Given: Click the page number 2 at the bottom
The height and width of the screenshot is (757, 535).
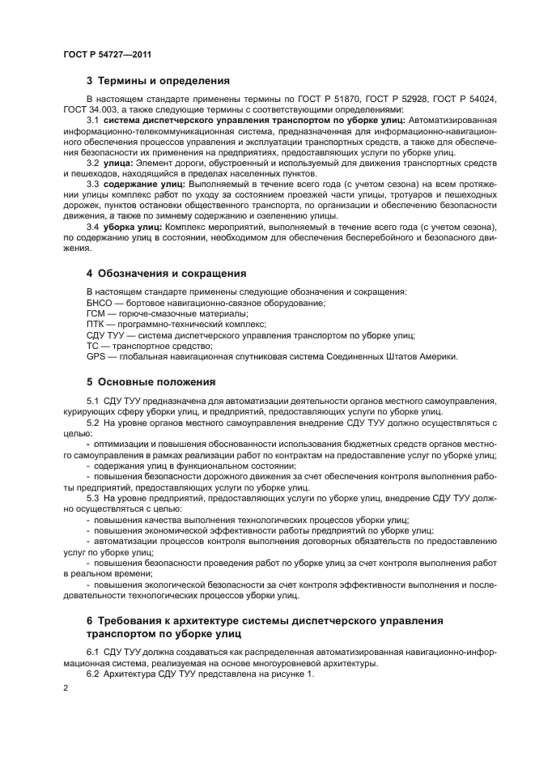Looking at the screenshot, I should pos(66,687).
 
